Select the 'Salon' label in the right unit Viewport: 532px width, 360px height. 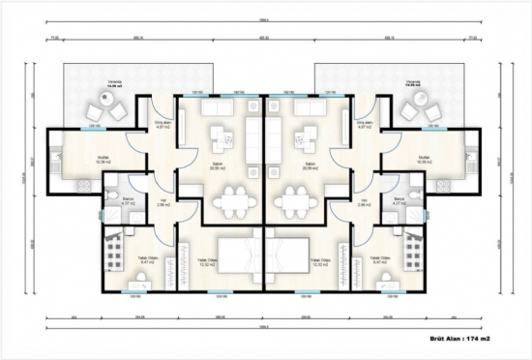point(311,165)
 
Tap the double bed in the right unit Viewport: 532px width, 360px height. point(291,258)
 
